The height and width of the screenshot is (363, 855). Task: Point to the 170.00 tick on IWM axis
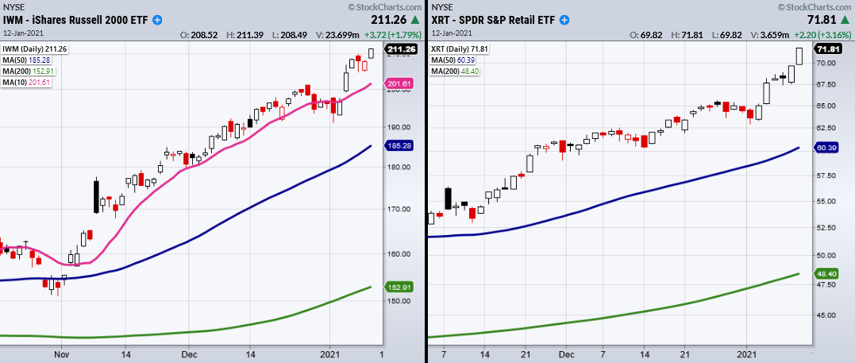396,210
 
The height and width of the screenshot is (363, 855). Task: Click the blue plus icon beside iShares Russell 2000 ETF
158,19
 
